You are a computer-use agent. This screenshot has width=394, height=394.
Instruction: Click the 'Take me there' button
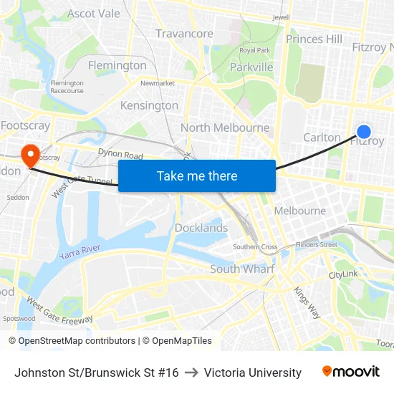(196, 176)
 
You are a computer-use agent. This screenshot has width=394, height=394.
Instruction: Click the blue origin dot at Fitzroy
(364, 131)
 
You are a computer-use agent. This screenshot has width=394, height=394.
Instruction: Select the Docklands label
(201, 228)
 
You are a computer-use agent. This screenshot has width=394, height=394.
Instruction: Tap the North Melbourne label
(225, 128)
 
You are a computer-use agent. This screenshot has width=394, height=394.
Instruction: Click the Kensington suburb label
(149, 105)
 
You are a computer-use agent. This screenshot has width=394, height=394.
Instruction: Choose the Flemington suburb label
(117, 65)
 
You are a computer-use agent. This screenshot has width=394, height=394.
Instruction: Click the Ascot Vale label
(94, 14)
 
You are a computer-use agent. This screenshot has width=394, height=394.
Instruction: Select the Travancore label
(184, 34)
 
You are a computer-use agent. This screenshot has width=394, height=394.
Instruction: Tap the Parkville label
(251, 67)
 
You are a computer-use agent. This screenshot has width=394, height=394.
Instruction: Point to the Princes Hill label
(314, 39)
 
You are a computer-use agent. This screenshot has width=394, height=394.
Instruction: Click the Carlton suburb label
(322, 137)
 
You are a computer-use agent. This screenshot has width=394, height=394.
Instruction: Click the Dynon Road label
(120, 153)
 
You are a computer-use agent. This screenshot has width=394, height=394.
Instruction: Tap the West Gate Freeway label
(59, 309)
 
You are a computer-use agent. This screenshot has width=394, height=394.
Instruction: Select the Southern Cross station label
(255, 247)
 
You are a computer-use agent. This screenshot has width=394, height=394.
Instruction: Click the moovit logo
(351, 372)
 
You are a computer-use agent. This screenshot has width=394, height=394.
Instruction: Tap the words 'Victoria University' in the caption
(253, 373)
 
